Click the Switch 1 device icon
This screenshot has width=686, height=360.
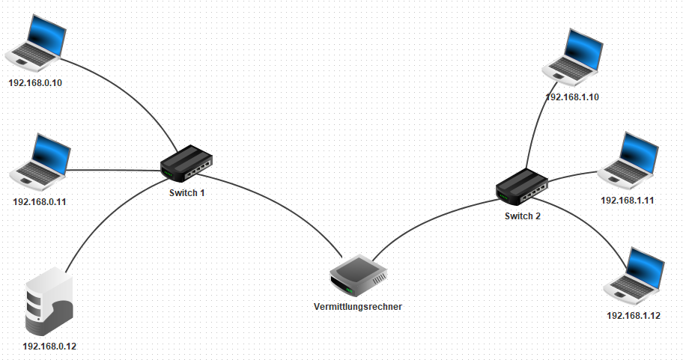point(186,163)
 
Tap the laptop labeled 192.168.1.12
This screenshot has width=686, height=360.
point(634,275)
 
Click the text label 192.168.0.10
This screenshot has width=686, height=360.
point(35,82)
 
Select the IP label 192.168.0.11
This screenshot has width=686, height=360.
point(40,201)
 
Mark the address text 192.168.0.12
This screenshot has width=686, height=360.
point(50,347)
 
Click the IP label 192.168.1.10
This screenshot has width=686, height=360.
point(572,97)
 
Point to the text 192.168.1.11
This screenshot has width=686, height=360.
point(628,201)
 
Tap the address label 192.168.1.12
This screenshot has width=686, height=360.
point(634,315)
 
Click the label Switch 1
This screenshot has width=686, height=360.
point(187,192)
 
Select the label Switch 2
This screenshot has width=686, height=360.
point(522,216)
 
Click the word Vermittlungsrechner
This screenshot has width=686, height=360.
point(358,306)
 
